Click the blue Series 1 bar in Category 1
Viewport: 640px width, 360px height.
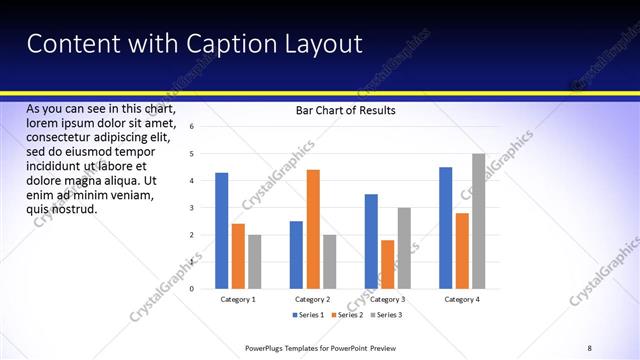tap(221, 231)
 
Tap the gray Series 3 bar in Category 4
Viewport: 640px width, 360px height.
tap(478, 221)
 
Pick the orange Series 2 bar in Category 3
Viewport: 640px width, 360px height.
tap(387, 265)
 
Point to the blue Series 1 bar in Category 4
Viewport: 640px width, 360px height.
tap(445, 228)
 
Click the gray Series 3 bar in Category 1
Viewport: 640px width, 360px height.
tap(255, 262)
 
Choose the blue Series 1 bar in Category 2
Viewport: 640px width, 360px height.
tap(296, 255)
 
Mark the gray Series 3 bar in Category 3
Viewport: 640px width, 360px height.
tap(404, 249)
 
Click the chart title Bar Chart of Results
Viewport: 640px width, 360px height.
tap(345, 110)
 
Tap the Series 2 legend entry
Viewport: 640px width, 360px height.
tap(346, 315)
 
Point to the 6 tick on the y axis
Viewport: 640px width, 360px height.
tap(191, 127)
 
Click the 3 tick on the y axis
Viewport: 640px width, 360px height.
tap(191, 208)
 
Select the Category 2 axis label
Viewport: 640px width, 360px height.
tap(313, 299)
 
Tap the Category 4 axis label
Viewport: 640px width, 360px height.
tap(461, 299)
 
